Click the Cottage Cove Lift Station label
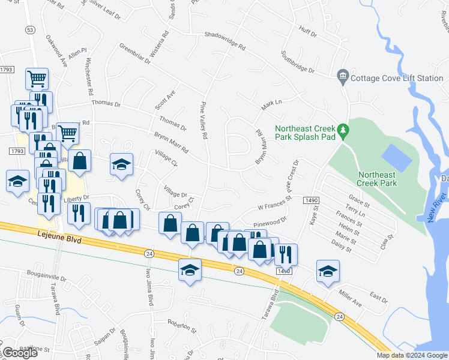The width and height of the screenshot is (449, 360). pos(397,77)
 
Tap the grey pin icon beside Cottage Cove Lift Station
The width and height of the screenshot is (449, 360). pos(343,76)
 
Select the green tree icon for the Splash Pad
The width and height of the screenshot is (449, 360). pos(343,130)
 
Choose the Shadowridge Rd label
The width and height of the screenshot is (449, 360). pos(225,40)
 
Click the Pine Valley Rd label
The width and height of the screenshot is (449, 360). pos(204,119)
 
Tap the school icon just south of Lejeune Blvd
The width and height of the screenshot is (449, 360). pos(190,270)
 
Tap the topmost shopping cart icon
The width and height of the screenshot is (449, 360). pos(37,78)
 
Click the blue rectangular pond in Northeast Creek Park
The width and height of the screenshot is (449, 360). pos(397,157)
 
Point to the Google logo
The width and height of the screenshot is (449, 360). pos(20,353)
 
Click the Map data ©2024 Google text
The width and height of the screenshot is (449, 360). pos(411,355)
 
